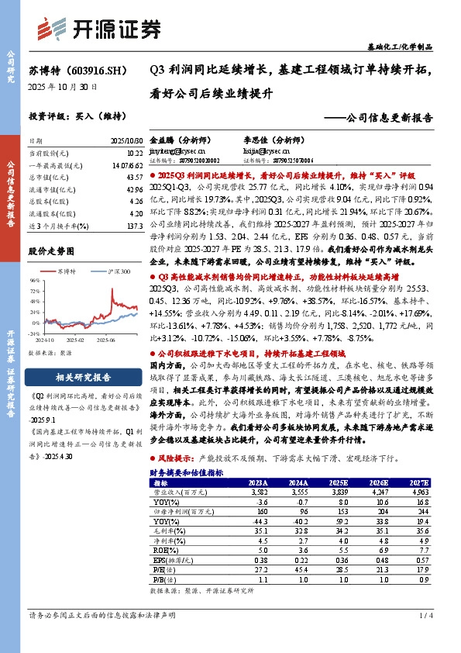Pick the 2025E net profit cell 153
pos(339,512)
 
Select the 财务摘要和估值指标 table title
pos(187,472)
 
